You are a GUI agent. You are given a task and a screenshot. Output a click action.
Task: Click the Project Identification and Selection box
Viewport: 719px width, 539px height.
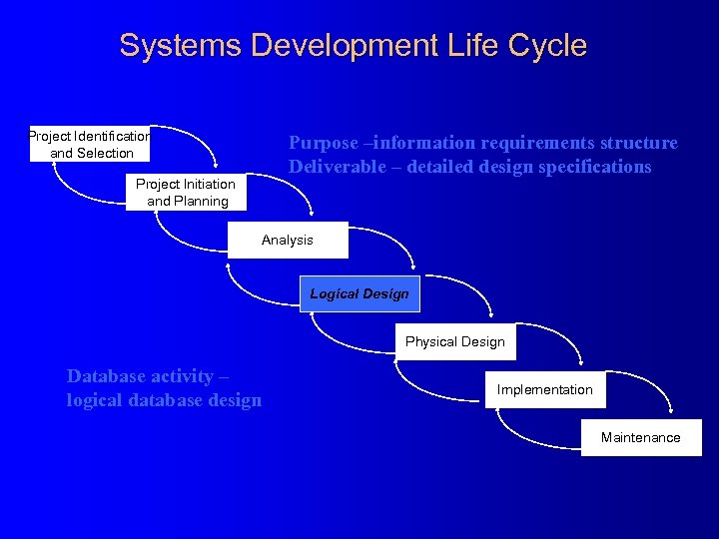[x=89, y=145]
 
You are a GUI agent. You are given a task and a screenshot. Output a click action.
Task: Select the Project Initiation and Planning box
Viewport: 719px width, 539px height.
[x=188, y=193]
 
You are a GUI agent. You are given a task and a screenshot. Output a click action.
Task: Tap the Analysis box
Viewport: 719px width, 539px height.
[x=288, y=240]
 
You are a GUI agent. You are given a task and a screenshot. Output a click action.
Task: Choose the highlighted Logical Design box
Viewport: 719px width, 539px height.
[x=359, y=293]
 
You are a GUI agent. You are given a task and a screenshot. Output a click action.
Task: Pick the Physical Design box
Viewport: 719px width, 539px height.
[x=455, y=341]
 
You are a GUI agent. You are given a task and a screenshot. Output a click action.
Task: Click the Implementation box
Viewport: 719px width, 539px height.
[x=545, y=389]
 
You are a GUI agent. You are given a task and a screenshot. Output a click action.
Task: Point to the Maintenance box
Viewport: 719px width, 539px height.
[x=641, y=437]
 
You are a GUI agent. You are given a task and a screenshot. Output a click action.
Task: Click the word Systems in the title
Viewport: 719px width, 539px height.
[x=181, y=46]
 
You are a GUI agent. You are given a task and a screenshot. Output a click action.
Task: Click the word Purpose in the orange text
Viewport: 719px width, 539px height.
[x=322, y=143]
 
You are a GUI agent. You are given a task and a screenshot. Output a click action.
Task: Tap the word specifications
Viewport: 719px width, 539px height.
[x=594, y=167]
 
